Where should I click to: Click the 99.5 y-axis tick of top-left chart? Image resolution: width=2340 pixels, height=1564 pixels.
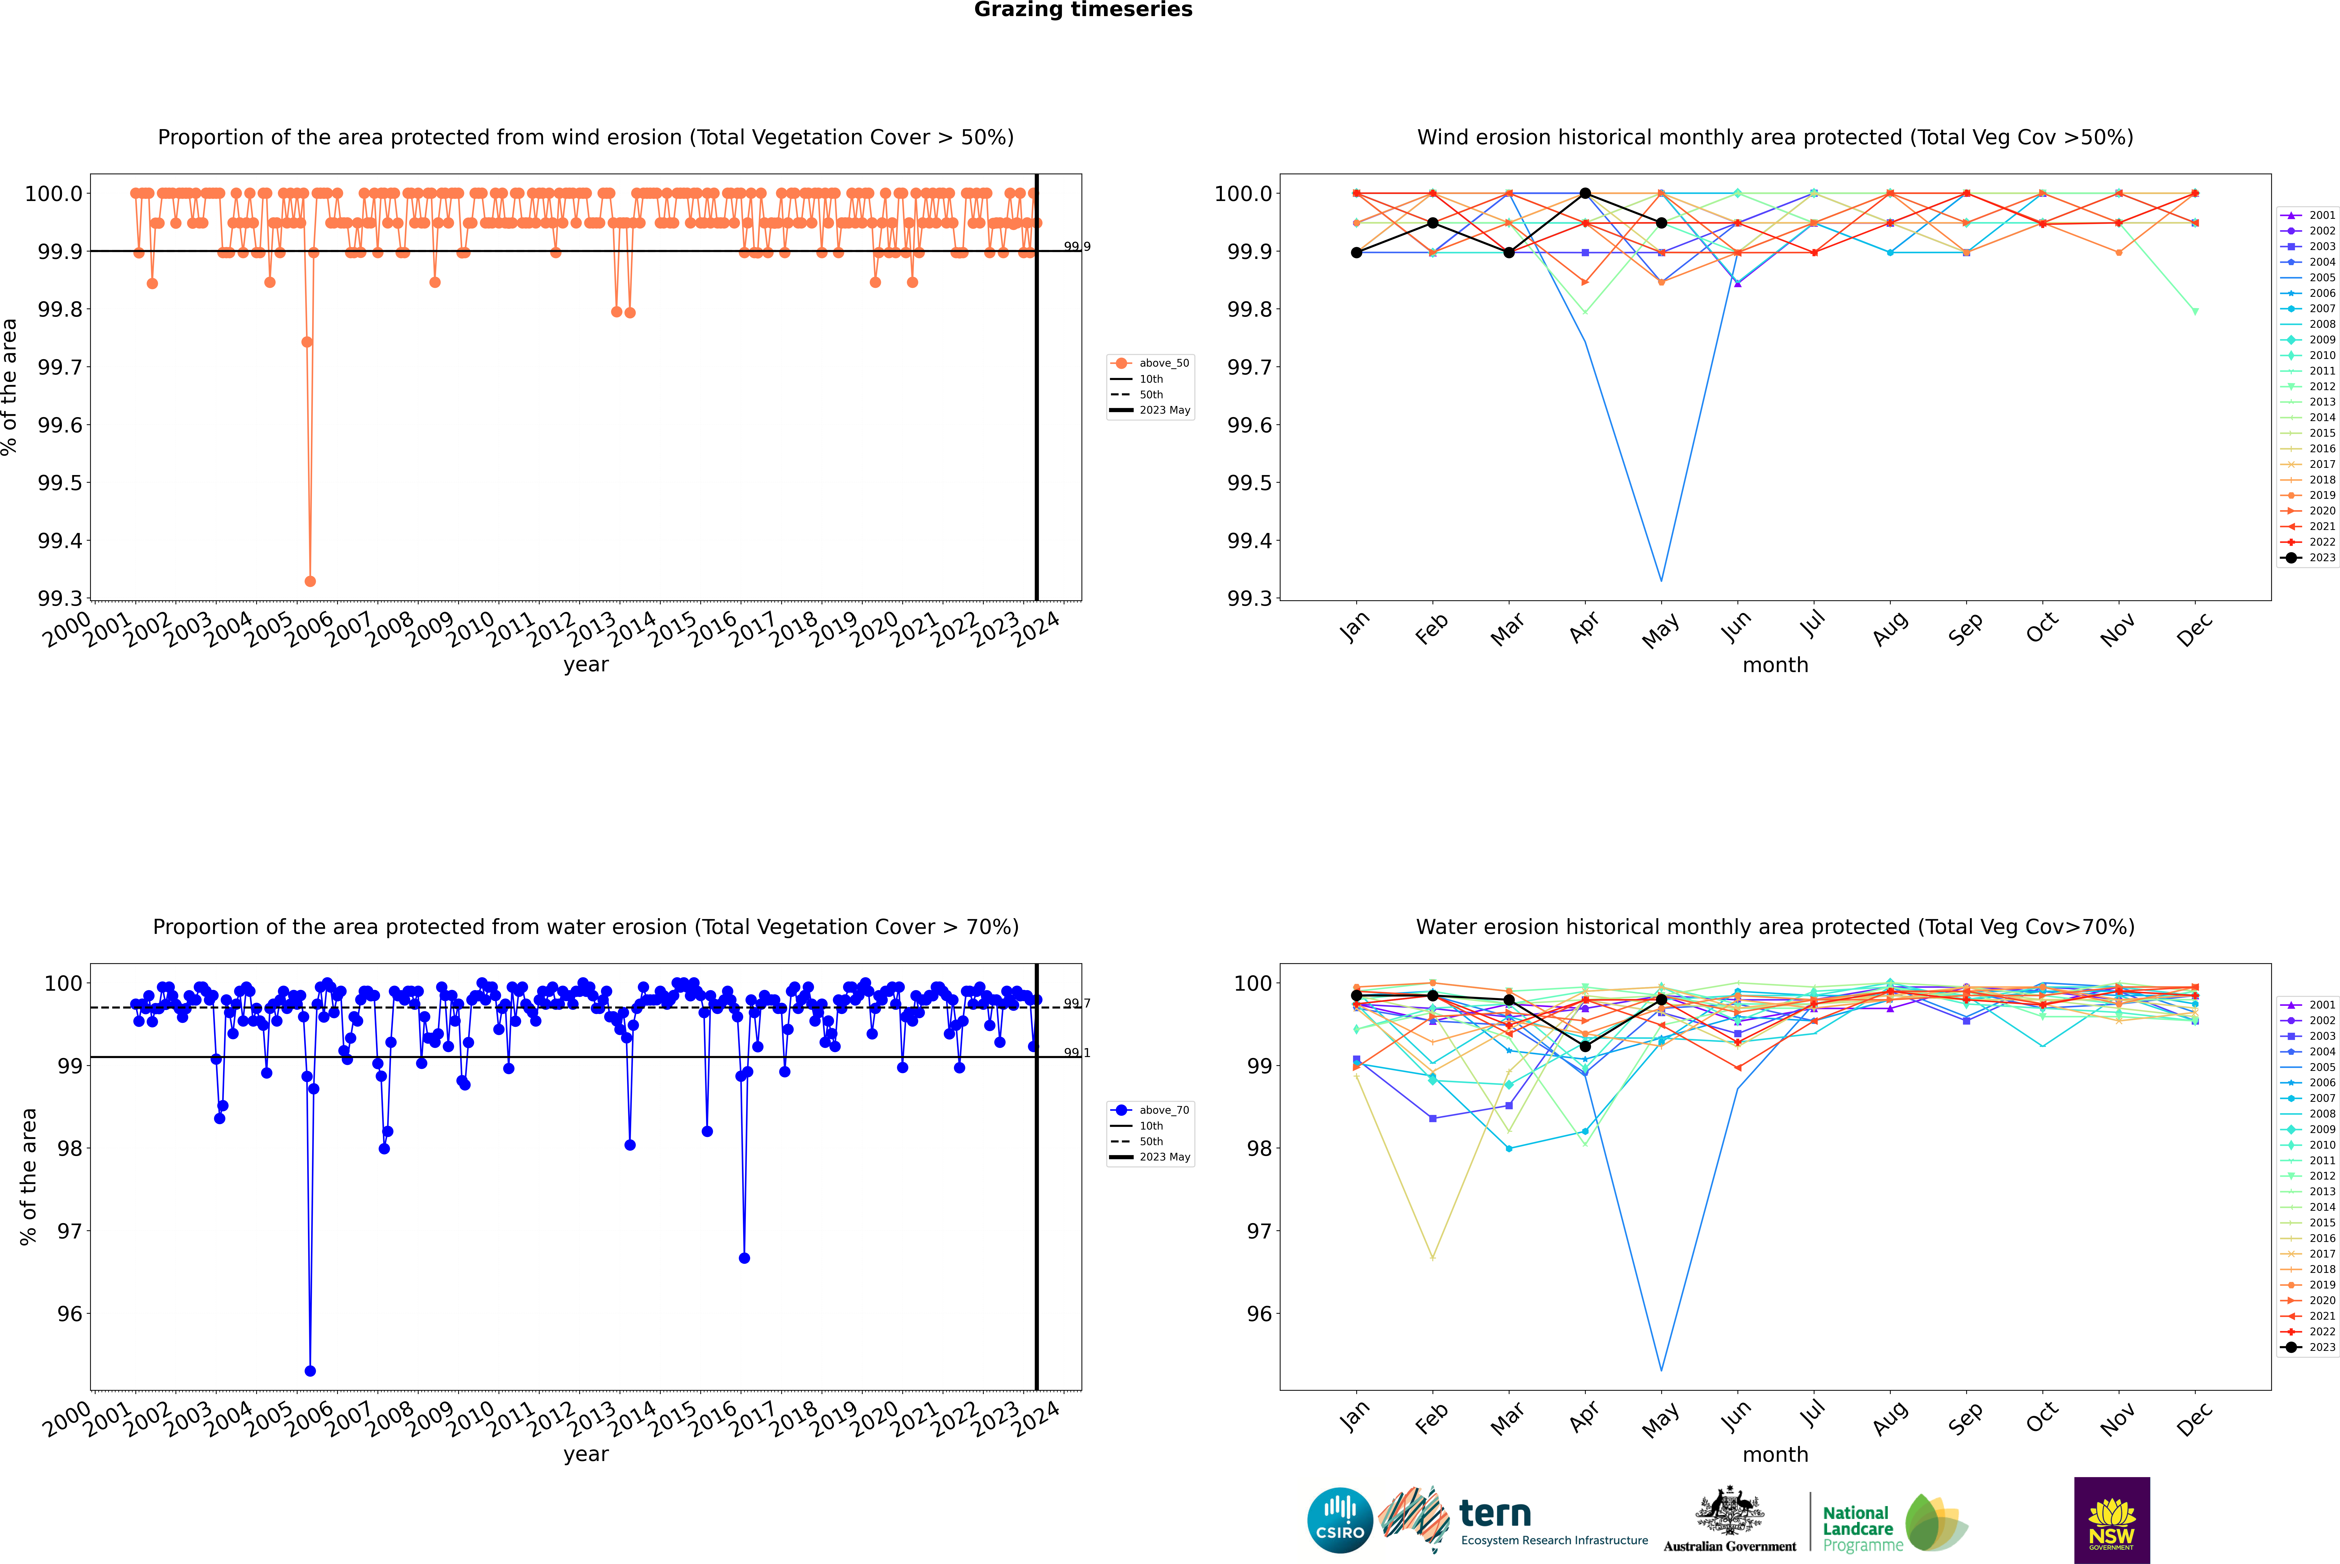pyautogui.click(x=60, y=483)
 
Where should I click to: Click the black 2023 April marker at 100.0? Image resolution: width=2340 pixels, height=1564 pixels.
pyautogui.click(x=1585, y=194)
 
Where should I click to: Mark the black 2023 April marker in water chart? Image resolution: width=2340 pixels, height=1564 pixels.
pyautogui.click(x=1585, y=1046)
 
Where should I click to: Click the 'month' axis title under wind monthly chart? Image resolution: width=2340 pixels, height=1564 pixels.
pyautogui.click(x=1774, y=665)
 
